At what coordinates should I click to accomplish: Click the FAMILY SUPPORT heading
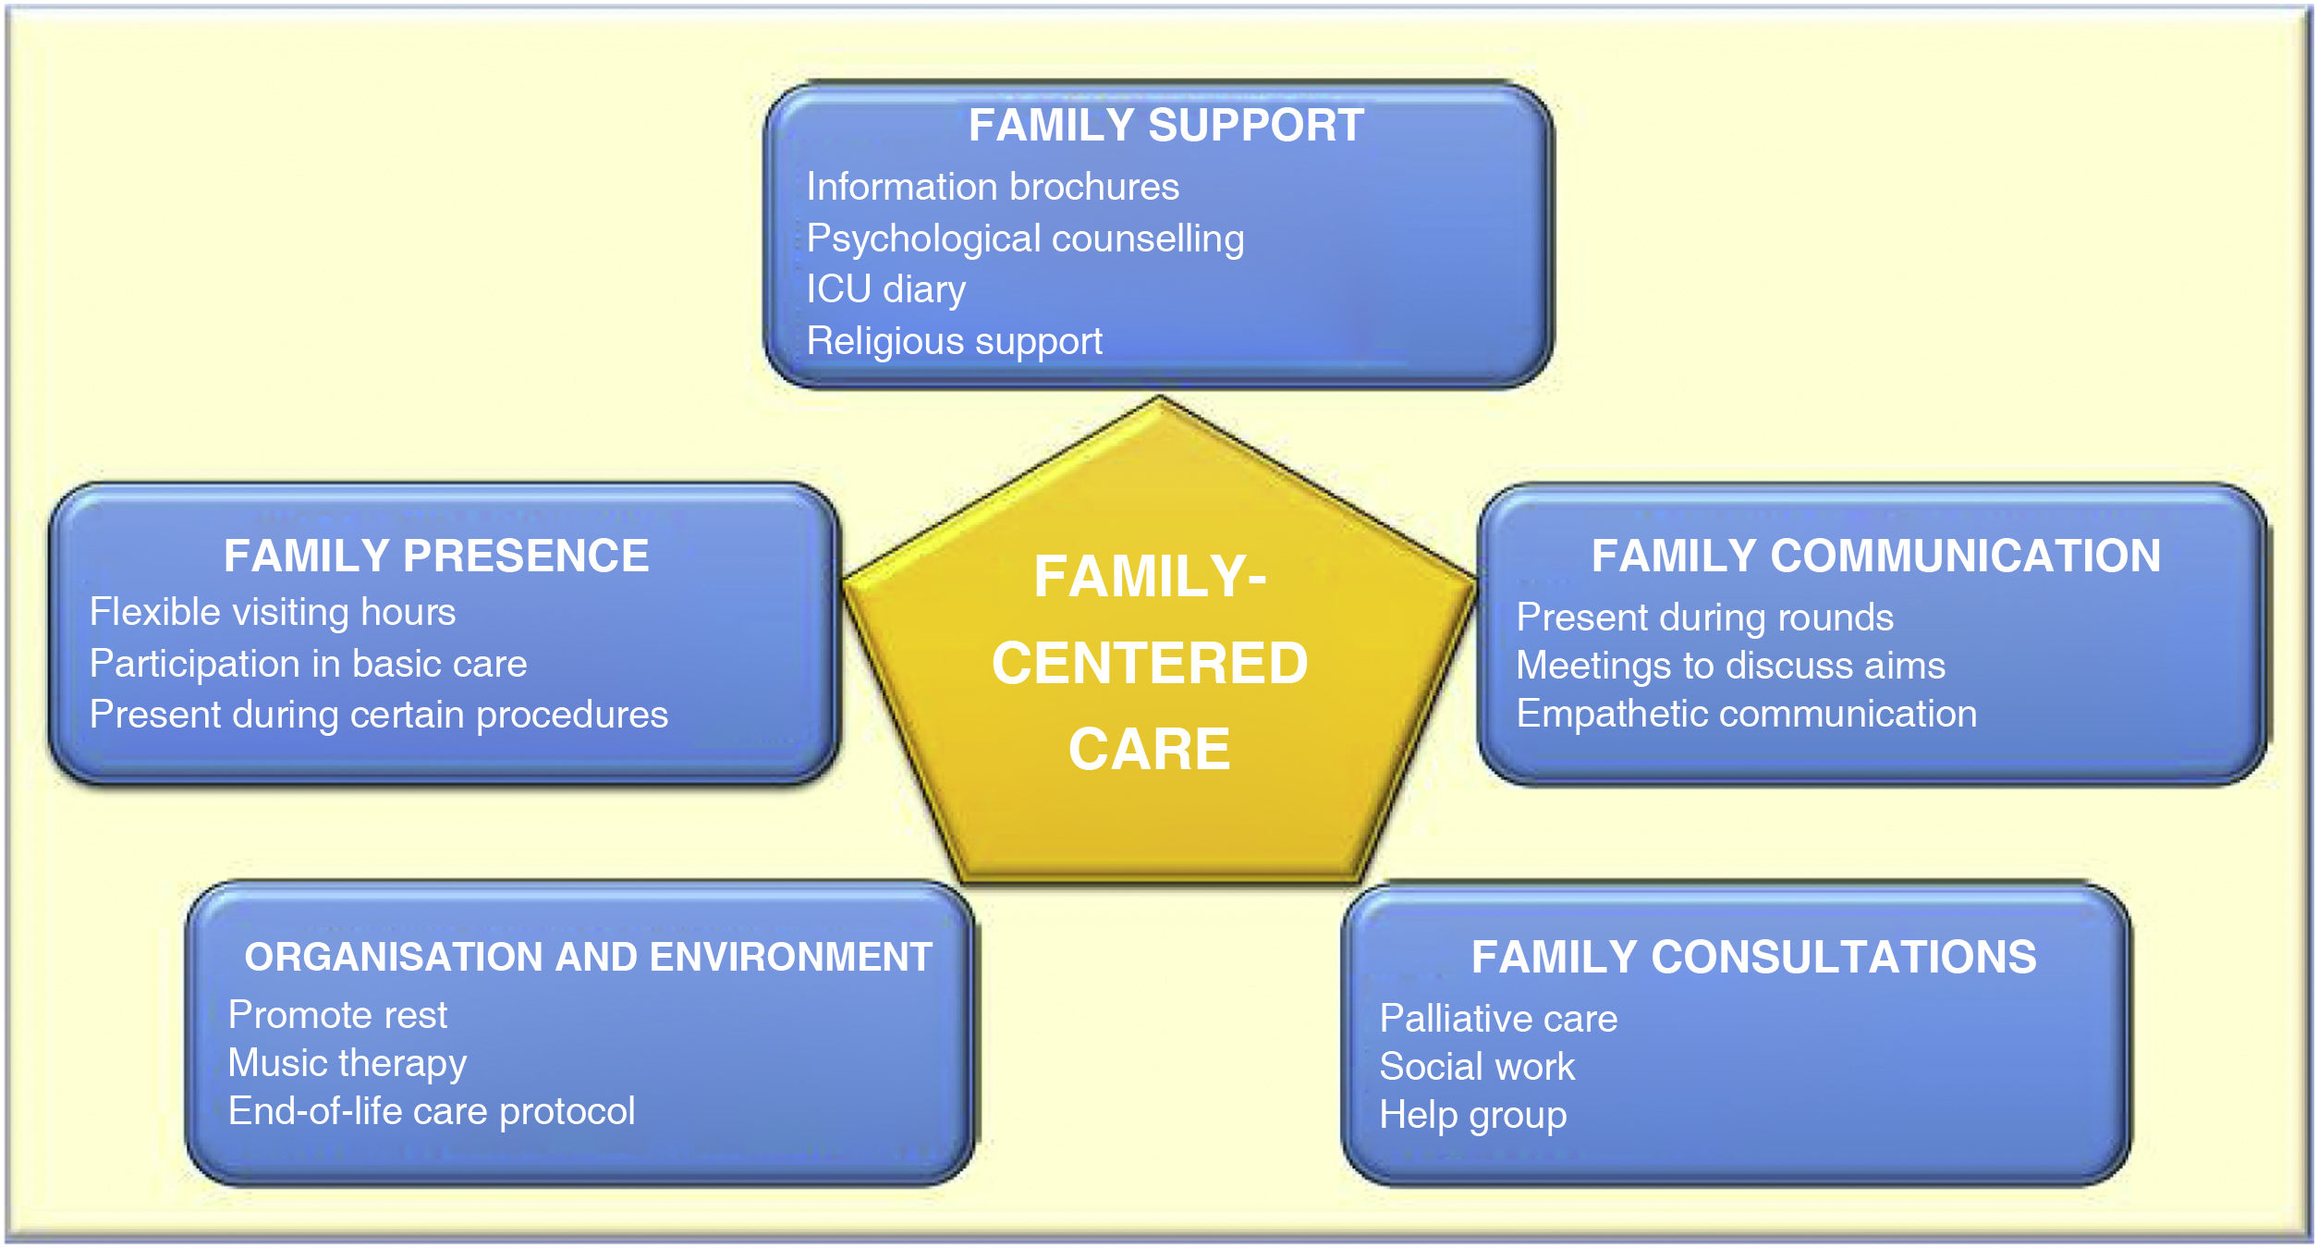[x=1165, y=126]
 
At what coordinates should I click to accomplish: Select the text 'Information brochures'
[x=993, y=187]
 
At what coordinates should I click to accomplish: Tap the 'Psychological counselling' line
[x=1025, y=239]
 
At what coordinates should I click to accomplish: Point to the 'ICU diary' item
[x=885, y=289]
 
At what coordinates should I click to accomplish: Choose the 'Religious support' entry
[x=954, y=341]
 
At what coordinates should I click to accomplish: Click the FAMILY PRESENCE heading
[x=436, y=556]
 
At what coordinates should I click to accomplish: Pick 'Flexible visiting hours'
[x=273, y=612]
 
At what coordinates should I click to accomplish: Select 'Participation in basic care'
[x=308, y=664]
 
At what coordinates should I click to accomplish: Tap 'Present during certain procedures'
[x=378, y=715]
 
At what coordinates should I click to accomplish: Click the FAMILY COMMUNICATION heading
[x=1875, y=556]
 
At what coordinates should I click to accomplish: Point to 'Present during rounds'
[x=1704, y=617]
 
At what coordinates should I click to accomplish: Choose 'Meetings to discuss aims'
[x=1730, y=666]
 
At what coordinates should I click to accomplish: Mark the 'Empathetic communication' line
[x=1746, y=714]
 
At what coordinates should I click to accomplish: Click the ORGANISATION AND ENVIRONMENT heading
[x=588, y=957]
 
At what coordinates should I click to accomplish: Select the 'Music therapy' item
[x=347, y=1063]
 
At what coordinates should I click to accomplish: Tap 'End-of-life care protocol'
[x=432, y=1111]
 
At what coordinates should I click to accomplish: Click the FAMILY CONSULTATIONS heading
[x=1753, y=957]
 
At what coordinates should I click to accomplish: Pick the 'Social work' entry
[x=1476, y=1067]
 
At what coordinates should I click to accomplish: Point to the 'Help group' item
[x=1472, y=1115]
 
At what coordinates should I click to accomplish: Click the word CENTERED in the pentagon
[x=1150, y=663]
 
